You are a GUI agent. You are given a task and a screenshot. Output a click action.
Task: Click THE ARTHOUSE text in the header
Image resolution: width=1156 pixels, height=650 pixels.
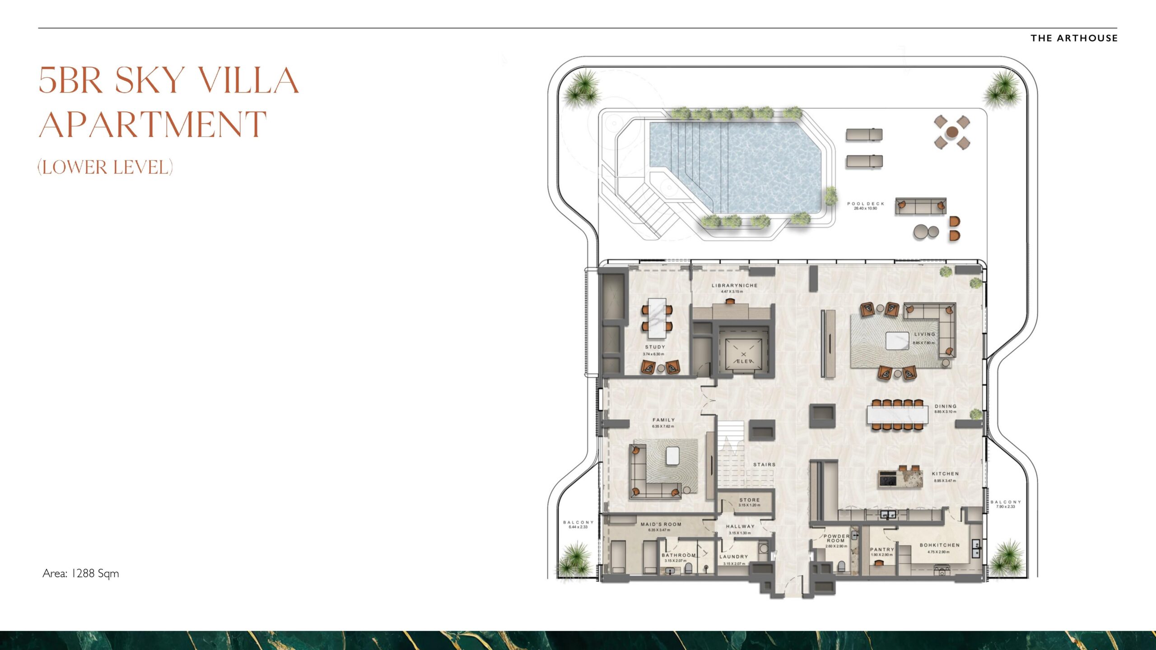tap(1074, 38)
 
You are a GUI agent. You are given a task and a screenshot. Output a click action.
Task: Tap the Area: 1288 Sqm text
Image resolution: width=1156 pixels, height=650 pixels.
tap(81, 573)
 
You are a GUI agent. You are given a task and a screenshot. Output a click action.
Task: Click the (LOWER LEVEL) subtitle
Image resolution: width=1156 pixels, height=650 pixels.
tap(105, 167)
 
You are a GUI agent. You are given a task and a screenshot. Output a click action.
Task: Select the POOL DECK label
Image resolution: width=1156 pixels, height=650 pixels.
tap(866, 204)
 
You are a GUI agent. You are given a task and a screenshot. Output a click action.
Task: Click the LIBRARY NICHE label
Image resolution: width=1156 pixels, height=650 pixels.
tap(735, 285)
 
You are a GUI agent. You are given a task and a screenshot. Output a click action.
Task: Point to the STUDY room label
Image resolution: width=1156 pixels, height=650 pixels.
tap(655, 347)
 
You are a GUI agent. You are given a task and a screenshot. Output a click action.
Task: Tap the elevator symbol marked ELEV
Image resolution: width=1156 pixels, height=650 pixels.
tap(743, 357)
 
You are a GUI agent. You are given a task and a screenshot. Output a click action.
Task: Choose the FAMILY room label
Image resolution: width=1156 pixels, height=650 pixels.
tap(663, 420)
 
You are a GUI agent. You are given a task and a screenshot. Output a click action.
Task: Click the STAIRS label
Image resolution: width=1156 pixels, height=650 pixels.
tap(764, 464)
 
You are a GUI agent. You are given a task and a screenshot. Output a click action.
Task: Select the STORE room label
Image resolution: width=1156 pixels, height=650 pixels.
tap(750, 500)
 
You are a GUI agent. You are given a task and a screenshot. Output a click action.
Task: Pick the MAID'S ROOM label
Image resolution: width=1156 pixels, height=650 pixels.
tap(661, 525)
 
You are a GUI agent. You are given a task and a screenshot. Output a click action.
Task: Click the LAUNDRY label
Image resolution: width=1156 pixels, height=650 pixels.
tap(734, 557)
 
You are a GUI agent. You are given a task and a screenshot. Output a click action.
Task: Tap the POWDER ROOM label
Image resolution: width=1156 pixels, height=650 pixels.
tap(836, 539)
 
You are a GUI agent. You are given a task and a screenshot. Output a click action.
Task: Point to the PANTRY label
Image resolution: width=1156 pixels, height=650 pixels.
tap(882, 550)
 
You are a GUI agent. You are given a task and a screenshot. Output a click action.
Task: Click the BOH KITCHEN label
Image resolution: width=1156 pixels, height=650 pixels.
tap(940, 545)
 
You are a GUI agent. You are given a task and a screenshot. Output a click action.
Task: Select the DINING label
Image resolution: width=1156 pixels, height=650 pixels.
tap(946, 406)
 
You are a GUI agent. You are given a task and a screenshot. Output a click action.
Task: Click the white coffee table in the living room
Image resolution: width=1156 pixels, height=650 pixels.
tap(897, 340)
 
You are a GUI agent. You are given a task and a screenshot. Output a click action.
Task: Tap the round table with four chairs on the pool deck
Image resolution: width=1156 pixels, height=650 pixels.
tap(952, 132)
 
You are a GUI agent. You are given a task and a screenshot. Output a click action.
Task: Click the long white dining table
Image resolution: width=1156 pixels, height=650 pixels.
tap(897, 414)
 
